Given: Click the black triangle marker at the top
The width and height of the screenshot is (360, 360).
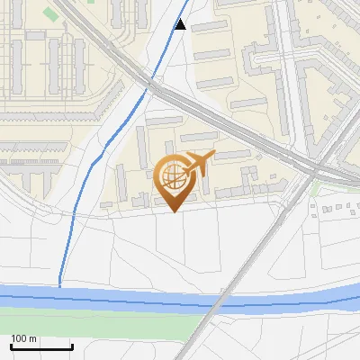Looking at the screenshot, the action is coord(181,24).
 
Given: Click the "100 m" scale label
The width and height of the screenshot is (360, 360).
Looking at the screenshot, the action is coord(23,338).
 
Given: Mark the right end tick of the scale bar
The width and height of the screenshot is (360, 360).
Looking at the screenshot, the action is coord(72,346).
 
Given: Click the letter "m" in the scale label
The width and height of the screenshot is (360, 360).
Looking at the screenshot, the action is coord(32,338).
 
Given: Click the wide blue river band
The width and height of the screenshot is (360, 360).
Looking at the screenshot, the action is coord(108,297).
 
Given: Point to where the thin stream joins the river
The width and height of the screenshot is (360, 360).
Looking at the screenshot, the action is coord(60,286).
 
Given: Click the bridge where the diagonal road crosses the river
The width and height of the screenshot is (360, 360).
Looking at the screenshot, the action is coord(215,301).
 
